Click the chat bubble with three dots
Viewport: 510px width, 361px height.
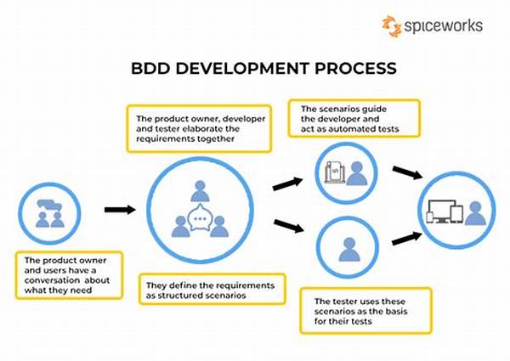pos(201,219)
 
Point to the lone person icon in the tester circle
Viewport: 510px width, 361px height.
pos(348,250)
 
